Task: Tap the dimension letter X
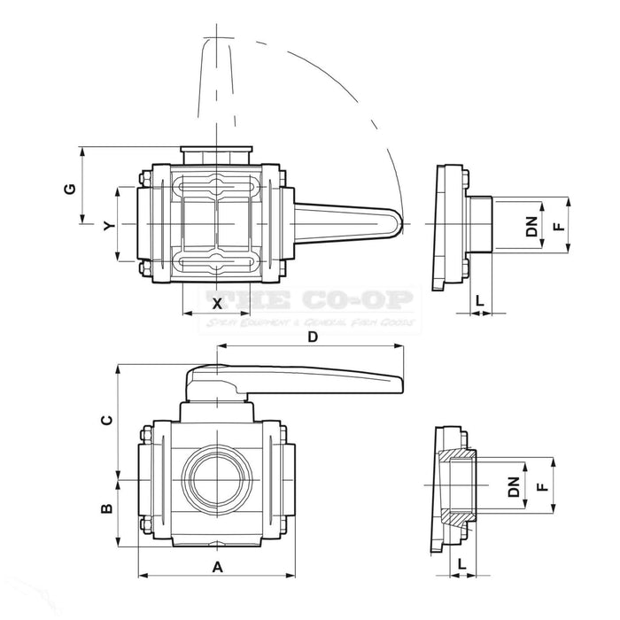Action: pos(217,302)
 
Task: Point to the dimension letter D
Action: pos(311,337)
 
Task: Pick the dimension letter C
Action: pos(105,422)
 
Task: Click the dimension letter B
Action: pos(105,508)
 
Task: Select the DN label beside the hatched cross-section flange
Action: pos(513,486)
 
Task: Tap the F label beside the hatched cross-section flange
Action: pos(539,486)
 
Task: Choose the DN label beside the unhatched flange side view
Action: pos(531,226)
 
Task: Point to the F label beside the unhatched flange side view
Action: pos(558,226)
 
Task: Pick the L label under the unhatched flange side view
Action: pos(479,300)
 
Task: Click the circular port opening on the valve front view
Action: pos(217,480)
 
